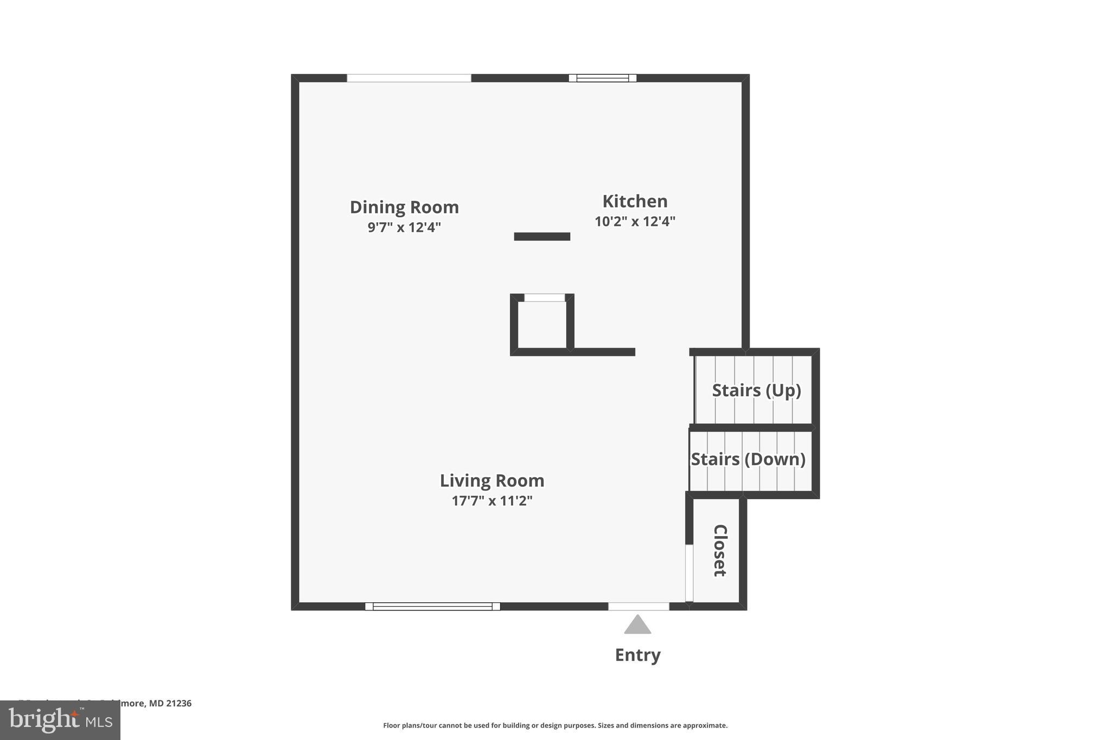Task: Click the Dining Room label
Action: pos(404,207)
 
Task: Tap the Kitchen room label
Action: pos(635,201)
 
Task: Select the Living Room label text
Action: pos(491,480)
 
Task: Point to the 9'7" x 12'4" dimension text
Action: pos(404,227)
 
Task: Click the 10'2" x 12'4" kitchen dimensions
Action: pos(635,221)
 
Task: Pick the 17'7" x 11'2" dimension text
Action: pos(491,500)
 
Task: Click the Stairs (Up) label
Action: pos(756,390)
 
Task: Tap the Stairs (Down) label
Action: pos(748,459)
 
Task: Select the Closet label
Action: pos(719,550)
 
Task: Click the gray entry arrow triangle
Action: pos(637,625)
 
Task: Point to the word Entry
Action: pos(637,655)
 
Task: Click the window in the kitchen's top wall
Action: pos(602,78)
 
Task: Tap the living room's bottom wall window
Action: pos(432,606)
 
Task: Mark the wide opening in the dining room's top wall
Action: pos(409,78)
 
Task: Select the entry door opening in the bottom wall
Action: pos(638,606)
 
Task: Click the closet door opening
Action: pos(689,573)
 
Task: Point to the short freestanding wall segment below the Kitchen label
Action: pos(542,236)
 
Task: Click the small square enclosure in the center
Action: pos(542,324)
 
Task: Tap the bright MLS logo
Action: pos(60,720)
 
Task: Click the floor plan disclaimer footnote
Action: pos(555,725)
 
